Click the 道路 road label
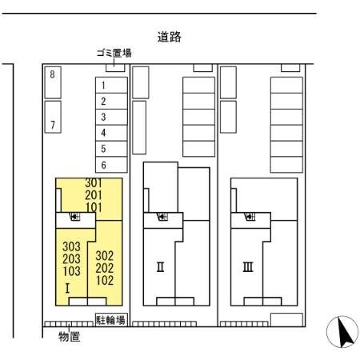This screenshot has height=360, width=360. point(168,36)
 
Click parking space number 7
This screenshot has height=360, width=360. point(53,125)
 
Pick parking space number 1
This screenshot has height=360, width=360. point(103,85)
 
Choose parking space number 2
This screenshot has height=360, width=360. point(103,101)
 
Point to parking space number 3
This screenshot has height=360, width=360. point(103,117)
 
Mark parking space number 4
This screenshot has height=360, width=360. point(103,133)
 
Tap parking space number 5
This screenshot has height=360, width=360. point(103,149)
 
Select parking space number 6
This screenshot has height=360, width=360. point(103,165)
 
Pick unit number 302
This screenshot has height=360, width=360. point(104,256)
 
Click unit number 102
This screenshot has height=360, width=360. point(104,280)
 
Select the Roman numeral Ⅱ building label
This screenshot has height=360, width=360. point(160,266)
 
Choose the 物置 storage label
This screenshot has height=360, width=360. point(69,337)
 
